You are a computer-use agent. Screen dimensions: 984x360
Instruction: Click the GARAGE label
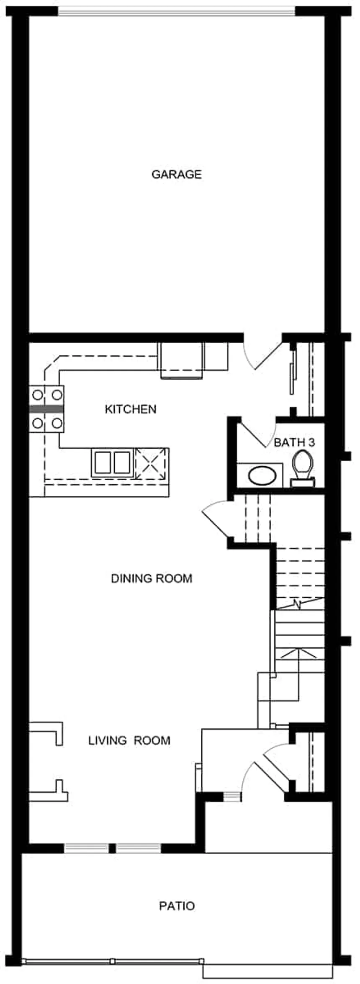pos(176,174)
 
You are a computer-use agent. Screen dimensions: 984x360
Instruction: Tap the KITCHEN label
pos(130,409)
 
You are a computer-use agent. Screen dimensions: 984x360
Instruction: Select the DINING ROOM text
pos(152,578)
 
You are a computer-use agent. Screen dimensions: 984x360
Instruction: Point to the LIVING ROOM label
pos(129,740)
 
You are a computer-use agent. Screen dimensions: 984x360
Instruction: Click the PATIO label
pos(177,906)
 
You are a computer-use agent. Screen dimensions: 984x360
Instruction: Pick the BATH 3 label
pos(294,442)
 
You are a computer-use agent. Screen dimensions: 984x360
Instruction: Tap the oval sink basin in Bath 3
pos(262,475)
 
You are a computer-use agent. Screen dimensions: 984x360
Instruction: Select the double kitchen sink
pos(111,462)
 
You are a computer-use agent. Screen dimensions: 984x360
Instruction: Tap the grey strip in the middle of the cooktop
pos(46,408)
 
